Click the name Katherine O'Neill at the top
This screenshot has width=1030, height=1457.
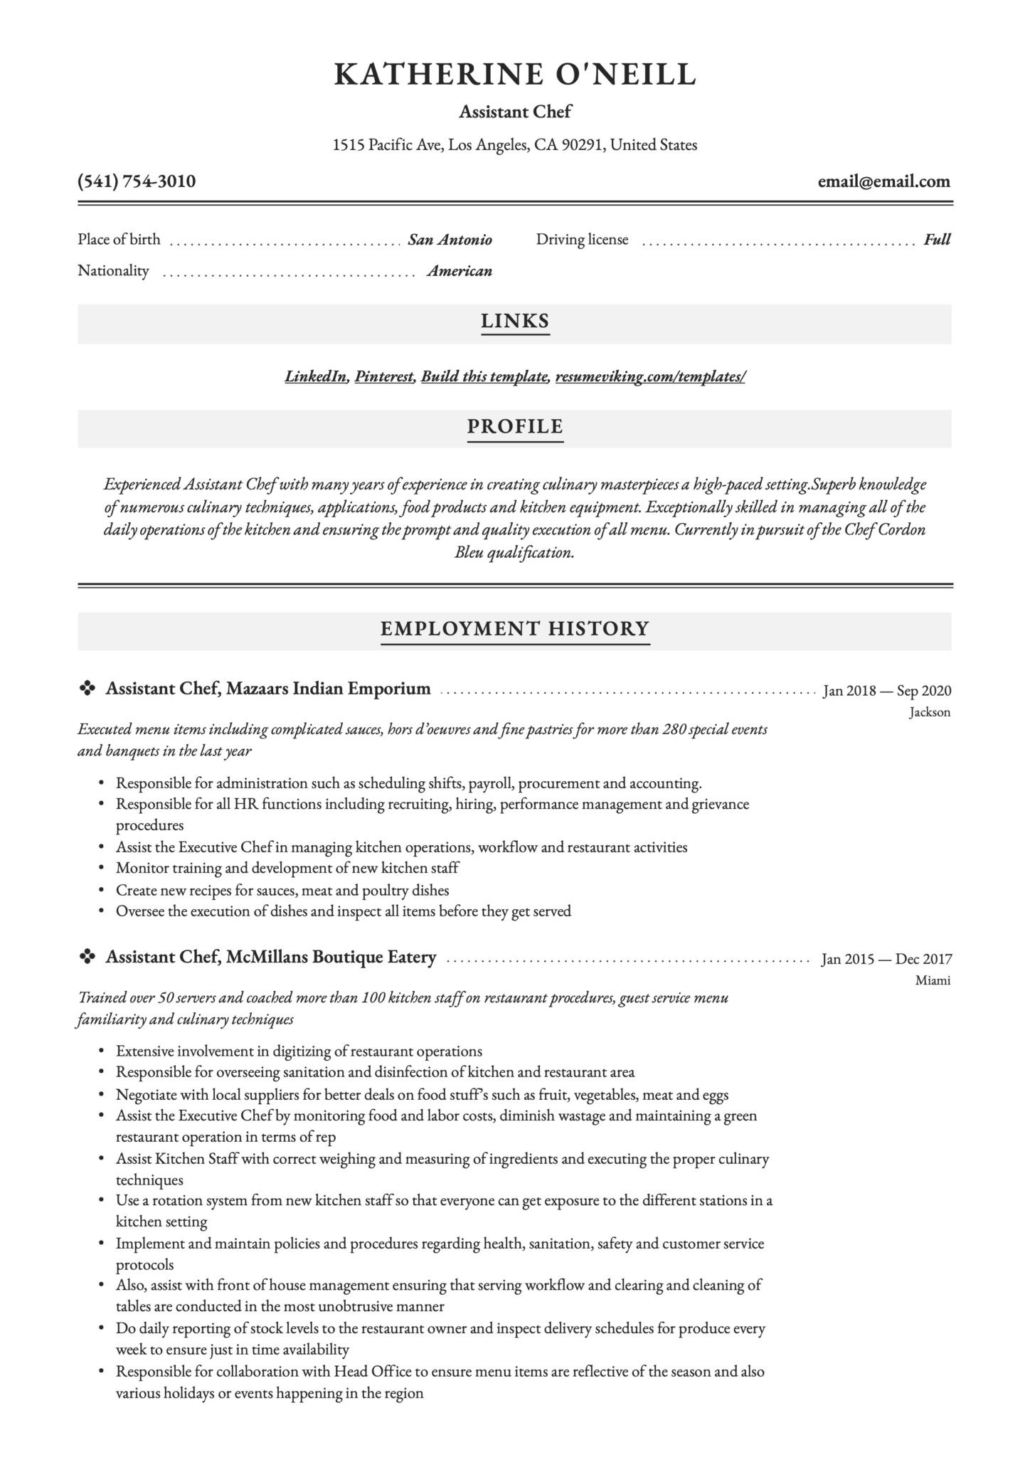click(515, 74)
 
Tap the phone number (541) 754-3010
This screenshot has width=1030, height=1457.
click(137, 181)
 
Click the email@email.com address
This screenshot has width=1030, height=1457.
click(883, 181)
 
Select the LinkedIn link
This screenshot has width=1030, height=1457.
click(316, 376)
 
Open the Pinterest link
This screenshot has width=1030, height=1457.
click(384, 376)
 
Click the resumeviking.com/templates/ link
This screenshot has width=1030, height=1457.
click(650, 376)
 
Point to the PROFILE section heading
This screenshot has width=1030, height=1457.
click(515, 427)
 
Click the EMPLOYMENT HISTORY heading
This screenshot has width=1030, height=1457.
click(515, 629)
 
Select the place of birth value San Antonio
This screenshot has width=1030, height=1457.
click(450, 240)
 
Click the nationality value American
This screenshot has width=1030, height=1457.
click(460, 271)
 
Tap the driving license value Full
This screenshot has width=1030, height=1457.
click(937, 240)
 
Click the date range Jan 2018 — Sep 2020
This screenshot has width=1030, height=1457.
click(886, 690)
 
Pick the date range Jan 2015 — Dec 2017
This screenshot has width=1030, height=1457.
click(886, 959)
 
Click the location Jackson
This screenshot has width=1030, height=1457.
click(929, 712)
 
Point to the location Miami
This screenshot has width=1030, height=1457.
click(933, 980)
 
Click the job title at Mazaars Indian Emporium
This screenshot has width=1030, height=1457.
click(268, 689)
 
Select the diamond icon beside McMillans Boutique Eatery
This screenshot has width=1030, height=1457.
click(87, 958)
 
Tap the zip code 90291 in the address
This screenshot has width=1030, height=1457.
click(582, 145)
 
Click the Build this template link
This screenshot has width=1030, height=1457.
click(484, 376)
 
